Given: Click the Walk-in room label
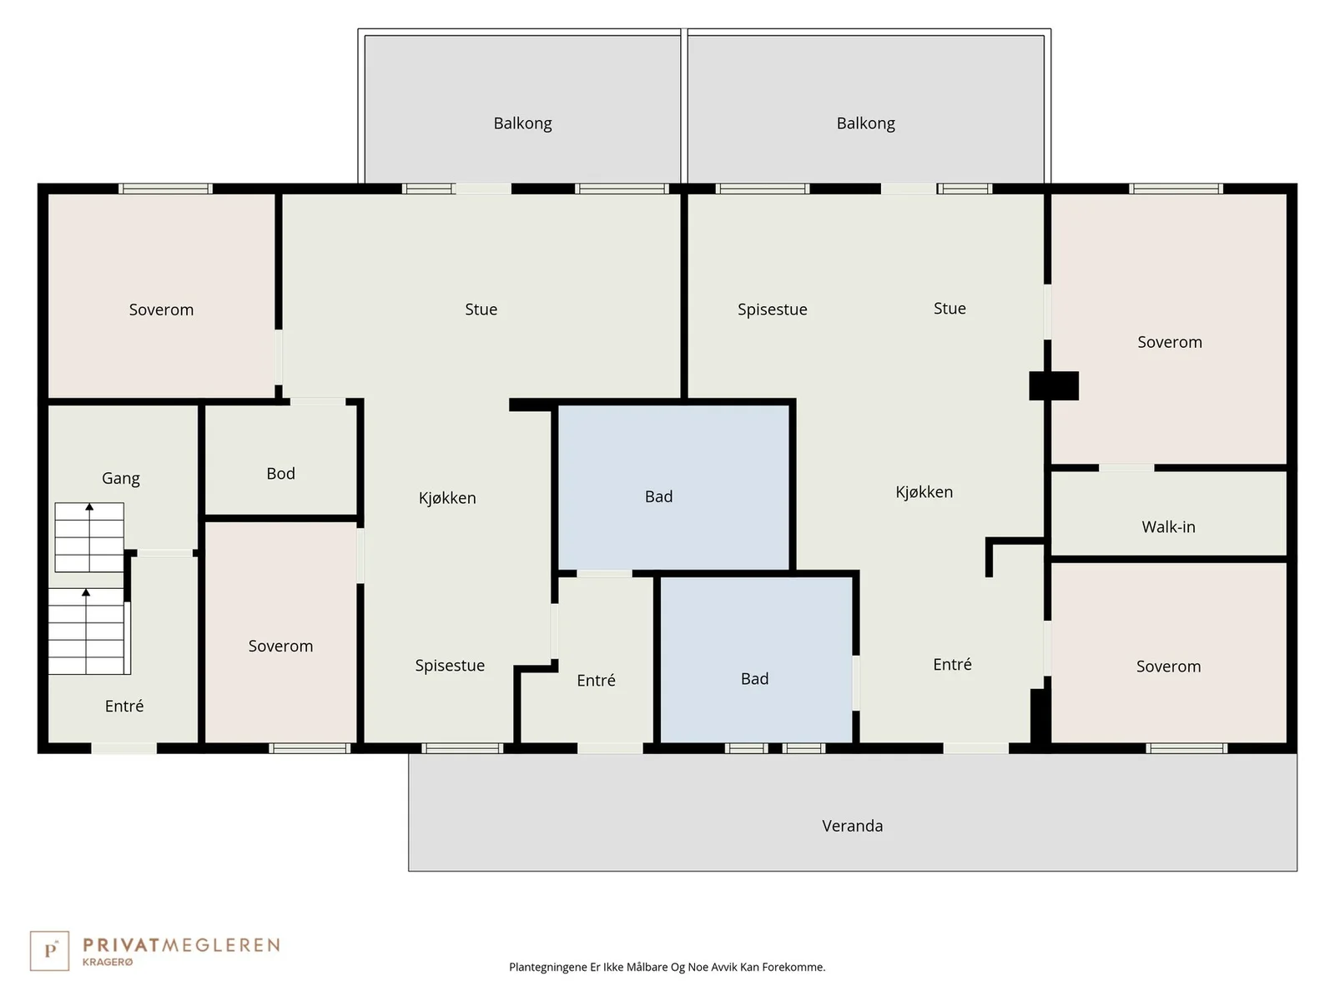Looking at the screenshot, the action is [1168, 526].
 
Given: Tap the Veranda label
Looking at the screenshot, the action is [852, 825].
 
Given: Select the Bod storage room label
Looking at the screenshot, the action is [280, 474].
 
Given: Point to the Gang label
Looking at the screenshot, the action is [120, 478].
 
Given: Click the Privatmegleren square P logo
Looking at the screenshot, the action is [49, 951].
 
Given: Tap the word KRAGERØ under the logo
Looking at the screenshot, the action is [108, 962].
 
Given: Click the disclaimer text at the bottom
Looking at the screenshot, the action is [667, 967].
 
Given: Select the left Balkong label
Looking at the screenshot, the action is [522, 123].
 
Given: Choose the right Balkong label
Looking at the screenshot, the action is [865, 123].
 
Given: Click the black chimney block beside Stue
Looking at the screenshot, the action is [1054, 386].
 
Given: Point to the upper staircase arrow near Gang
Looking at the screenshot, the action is [89, 537].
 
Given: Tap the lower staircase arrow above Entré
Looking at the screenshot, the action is [86, 631].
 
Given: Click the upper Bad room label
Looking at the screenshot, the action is [658, 496].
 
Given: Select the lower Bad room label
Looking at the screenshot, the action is [754, 678].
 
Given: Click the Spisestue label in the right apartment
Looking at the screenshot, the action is [773, 309].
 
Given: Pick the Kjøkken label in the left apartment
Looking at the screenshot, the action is [447, 498].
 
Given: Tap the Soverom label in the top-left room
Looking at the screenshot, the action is [161, 310].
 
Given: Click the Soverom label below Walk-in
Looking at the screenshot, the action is [1168, 666].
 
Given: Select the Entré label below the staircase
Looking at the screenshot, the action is [124, 706].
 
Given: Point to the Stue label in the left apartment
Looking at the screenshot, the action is [481, 309].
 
